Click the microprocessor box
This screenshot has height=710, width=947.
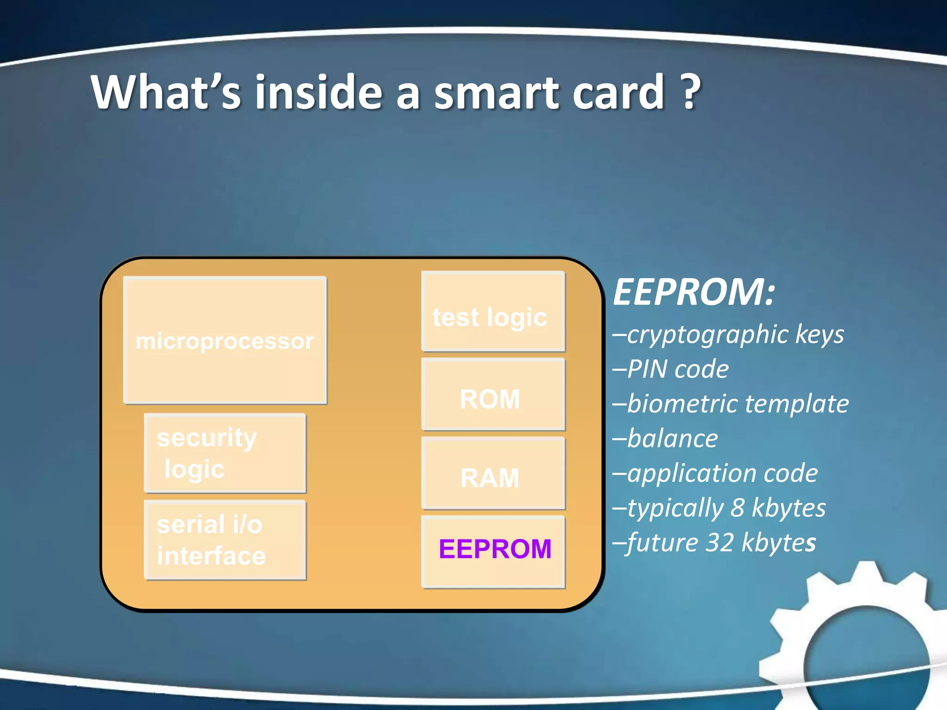point(225,341)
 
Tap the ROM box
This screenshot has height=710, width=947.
point(493,395)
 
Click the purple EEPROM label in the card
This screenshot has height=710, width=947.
point(495,549)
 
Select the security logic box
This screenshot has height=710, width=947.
point(225,453)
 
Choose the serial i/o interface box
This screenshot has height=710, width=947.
point(225,540)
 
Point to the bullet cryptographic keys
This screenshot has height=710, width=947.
point(735,334)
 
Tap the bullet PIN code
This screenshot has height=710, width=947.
point(678,369)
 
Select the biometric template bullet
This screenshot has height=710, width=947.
point(738,404)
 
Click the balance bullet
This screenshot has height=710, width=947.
point(672,439)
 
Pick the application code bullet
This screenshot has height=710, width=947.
point(722,473)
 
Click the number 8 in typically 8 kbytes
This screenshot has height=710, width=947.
point(738,508)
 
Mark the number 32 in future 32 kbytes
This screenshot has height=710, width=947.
point(719,543)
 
